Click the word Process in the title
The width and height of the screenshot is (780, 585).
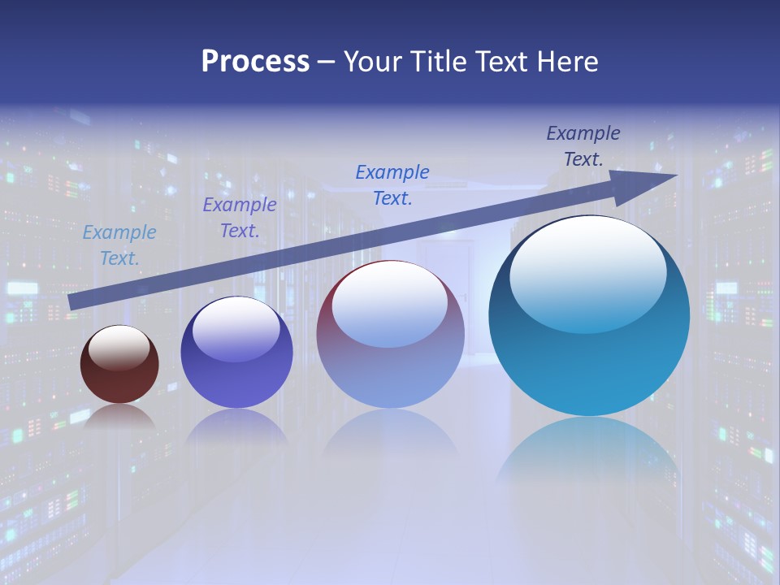[x=255, y=62]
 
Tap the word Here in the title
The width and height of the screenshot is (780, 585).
[x=566, y=62]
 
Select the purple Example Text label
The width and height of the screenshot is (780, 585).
[x=240, y=218]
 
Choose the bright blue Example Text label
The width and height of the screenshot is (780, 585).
[x=392, y=184]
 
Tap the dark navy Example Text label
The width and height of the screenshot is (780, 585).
[x=583, y=146]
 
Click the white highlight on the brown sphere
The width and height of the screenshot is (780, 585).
[x=119, y=348]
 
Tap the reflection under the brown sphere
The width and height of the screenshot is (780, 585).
[x=119, y=416]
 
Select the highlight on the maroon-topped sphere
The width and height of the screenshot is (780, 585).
[x=390, y=304]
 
